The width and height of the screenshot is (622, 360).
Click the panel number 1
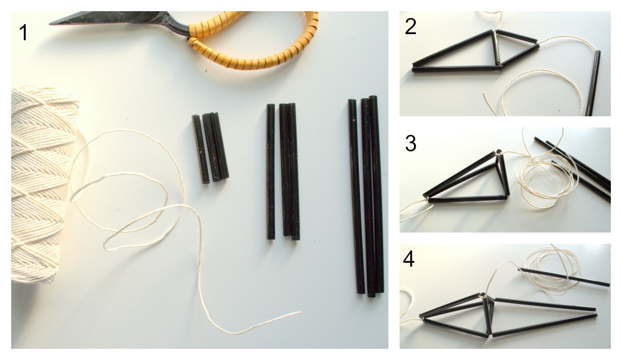[23, 32]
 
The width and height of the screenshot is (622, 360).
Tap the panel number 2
[411, 27]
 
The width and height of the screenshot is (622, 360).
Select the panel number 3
[411, 143]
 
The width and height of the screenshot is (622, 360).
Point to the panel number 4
[409, 259]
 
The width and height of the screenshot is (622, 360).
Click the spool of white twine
[42, 184]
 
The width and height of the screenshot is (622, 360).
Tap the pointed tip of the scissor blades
[50, 24]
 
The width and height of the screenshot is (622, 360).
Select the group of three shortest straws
[210, 148]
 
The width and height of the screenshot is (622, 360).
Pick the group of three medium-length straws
[282, 172]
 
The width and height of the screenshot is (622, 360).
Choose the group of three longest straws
[365, 196]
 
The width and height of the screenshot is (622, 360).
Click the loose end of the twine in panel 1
[300, 313]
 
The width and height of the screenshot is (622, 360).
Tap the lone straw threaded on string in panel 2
[593, 83]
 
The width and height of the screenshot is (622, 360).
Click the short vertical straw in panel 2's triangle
[496, 48]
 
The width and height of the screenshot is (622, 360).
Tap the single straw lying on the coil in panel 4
[564, 277]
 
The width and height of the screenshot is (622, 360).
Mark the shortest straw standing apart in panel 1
[200, 149]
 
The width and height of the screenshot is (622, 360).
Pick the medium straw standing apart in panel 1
[270, 172]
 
